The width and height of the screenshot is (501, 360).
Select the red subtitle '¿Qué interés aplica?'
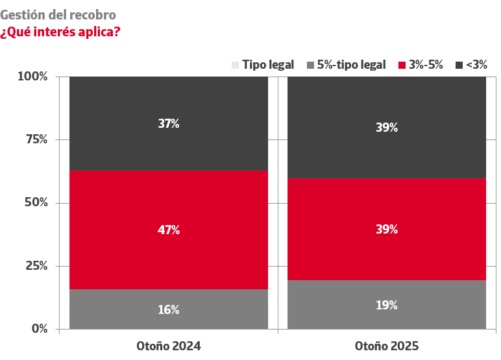point(60,31)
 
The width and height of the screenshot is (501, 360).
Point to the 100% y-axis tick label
point(32,77)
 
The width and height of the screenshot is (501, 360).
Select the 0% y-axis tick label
point(39,328)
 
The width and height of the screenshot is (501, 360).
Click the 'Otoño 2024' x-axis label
point(169,346)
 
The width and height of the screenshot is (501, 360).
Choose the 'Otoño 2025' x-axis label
point(387,346)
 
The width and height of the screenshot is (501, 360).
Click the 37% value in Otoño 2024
point(169,123)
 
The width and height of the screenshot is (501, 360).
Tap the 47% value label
point(169,230)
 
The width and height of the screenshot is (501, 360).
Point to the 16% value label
point(169,309)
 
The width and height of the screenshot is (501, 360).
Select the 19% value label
point(387,305)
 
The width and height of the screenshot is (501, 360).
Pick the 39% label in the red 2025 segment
point(387,230)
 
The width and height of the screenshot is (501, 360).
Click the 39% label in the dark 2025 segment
point(387,128)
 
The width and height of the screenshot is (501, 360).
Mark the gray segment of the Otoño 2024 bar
point(117,309)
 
